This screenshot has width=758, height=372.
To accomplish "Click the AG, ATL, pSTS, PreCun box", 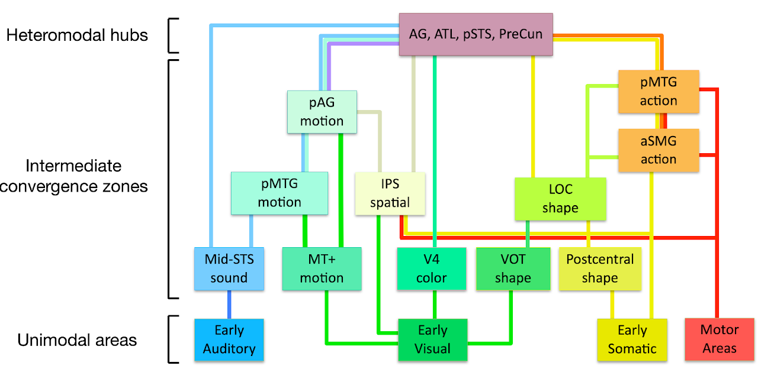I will pyautogui.click(x=476, y=34).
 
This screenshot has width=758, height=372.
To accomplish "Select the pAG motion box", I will pyautogui.click(x=322, y=112).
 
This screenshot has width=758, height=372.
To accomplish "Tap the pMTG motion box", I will pyautogui.click(x=279, y=193).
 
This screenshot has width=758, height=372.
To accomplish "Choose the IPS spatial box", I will pyautogui.click(x=390, y=193).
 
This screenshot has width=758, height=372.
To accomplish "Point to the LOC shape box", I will pyautogui.click(x=560, y=199).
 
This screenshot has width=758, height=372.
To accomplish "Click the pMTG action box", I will pyautogui.click(x=658, y=92).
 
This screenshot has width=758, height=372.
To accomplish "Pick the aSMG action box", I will pyautogui.click(x=658, y=150).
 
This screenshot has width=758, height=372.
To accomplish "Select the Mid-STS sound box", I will pyautogui.click(x=229, y=269).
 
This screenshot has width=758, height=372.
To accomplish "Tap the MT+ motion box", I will pyautogui.click(x=322, y=269).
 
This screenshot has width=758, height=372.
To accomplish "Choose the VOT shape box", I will pyautogui.click(x=513, y=269).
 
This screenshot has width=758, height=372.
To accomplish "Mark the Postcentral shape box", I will pyautogui.click(x=600, y=269).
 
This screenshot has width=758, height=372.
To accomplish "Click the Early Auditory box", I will pyautogui.click(x=229, y=339).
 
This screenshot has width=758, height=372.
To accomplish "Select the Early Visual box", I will pyautogui.click(x=432, y=339).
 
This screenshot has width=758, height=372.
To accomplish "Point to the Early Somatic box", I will pyautogui.click(x=632, y=339).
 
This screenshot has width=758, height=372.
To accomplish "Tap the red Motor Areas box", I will pyautogui.click(x=720, y=339).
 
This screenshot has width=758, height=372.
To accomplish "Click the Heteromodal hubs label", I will pyautogui.click(x=77, y=35).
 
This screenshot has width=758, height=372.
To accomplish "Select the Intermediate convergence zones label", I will pyautogui.click(x=74, y=176).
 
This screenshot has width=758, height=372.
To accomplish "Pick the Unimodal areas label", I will pyautogui.click(x=77, y=340).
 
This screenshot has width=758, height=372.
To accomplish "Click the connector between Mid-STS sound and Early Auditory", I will pyautogui.click(x=229, y=305).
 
